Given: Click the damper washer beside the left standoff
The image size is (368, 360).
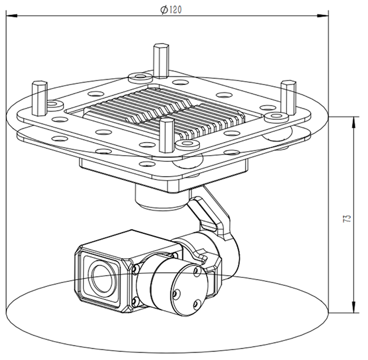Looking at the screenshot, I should pyautogui.click(x=54, y=105).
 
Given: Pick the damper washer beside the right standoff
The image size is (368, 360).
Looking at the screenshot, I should pyautogui.click(x=275, y=117).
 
